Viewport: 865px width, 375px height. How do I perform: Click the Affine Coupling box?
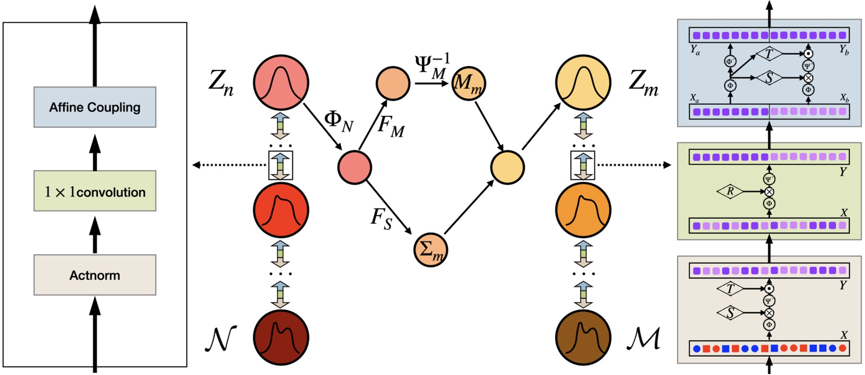pyautogui.click(x=95, y=107)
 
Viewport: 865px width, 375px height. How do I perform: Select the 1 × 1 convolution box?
pyautogui.click(x=95, y=191)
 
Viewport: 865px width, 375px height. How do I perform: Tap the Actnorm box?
pyautogui.click(x=95, y=275)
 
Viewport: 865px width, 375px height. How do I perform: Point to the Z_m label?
pyautogui.click(x=643, y=83)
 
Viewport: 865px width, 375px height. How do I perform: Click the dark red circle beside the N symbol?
pyautogui.click(x=281, y=338)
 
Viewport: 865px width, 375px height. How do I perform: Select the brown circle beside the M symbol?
pyautogui.click(x=583, y=338)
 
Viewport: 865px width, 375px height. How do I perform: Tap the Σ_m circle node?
pyautogui.click(x=431, y=250)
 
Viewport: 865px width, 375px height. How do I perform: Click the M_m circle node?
pyautogui.click(x=469, y=83)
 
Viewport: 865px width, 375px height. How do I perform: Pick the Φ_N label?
pyautogui.click(x=339, y=121)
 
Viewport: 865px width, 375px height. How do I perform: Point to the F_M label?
pyautogui.click(x=391, y=126)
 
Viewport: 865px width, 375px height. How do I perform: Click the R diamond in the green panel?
pyautogui.click(x=730, y=191)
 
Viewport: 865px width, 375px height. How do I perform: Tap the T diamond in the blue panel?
pyautogui.click(x=769, y=54)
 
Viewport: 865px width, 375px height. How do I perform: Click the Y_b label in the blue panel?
pyautogui.click(x=844, y=50)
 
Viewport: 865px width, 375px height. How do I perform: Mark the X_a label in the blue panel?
pyautogui.click(x=694, y=98)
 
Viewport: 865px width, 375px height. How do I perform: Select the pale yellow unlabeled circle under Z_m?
pyautogui.click(x=508, y=167)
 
